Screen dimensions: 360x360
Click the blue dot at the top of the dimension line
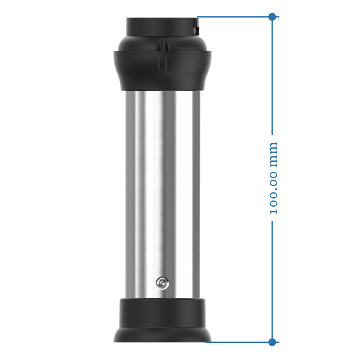tap(272, 17)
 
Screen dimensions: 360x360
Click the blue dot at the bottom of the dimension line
tap(272, 342)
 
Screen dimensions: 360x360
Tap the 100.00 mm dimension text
tap(273, 178)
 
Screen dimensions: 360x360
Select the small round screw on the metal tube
tap(162, 283)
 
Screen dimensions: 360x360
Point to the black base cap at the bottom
tap(162, 320)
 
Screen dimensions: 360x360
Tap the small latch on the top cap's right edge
tap(196, 26)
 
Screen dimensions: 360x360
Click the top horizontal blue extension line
tap(238, 17)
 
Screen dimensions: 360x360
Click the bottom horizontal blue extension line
tap(242, 342)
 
